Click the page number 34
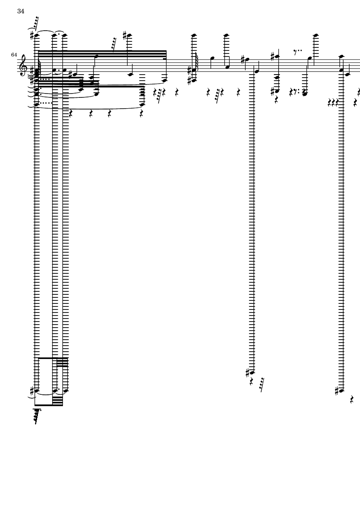[x=21, y=11]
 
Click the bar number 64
[x=14, y=55]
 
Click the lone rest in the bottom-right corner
[x=352, y=400]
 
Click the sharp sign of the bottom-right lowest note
[x=337, y=391]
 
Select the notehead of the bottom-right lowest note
[x=341, y=391]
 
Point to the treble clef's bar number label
[x=14, y=55]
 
